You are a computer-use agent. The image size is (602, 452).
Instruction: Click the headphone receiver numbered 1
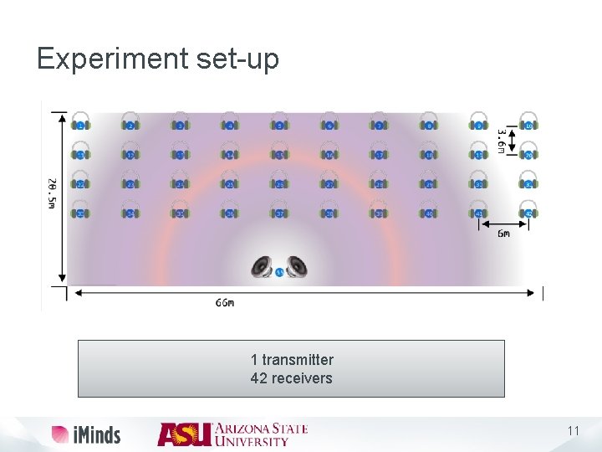[x=80, y=122]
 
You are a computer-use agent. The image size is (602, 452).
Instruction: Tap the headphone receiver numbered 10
[x=528, y=122]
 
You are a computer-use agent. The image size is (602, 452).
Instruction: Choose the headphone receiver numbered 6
[x=329, y=122]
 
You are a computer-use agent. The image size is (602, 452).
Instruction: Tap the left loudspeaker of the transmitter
[x=263, y=267]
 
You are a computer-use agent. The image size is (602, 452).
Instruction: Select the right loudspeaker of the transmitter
[x=296, y=267]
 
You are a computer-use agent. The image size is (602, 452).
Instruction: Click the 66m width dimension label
[x=225, y=303]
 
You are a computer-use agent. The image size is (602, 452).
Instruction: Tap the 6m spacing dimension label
[x=503, y=234]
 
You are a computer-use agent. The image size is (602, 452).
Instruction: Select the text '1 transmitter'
[x=292, y=360]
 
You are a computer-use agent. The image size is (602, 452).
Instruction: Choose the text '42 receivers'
[x=292, y=378]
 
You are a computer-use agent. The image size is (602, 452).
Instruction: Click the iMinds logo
[x=86, y=434]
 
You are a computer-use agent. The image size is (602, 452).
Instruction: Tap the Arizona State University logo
[x=232, y=434]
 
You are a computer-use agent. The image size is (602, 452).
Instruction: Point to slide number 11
[x=573, y=431]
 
